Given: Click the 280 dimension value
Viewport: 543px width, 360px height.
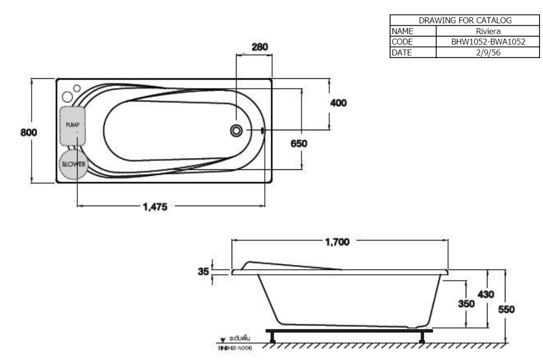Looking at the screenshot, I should [259, 48].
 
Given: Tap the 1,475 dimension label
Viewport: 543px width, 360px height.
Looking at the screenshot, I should [155, 207].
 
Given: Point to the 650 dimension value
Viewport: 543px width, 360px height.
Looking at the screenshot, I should [298, 144].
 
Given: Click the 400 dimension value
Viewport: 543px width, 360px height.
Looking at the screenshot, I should [339, 103].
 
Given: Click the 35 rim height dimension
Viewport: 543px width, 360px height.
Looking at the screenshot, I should [203, 271].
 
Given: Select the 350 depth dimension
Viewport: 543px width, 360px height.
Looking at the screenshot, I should [466, 304].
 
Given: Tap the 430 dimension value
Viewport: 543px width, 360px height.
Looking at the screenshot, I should [486, 294].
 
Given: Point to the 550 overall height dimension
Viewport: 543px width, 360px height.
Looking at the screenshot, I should [506, 309].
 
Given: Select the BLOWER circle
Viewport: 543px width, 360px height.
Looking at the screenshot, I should [74, 164].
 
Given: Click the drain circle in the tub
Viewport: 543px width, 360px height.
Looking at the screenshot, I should [236, 130].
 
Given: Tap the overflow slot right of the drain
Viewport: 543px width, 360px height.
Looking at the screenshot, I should [262, 131].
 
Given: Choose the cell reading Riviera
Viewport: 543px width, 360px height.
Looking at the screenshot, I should [487, 31].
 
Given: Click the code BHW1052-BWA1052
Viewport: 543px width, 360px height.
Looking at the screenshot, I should [487, 42].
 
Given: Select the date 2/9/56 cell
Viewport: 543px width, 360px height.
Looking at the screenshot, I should [487, 52].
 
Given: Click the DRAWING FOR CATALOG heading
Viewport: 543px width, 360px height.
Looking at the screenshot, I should [464, 20].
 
